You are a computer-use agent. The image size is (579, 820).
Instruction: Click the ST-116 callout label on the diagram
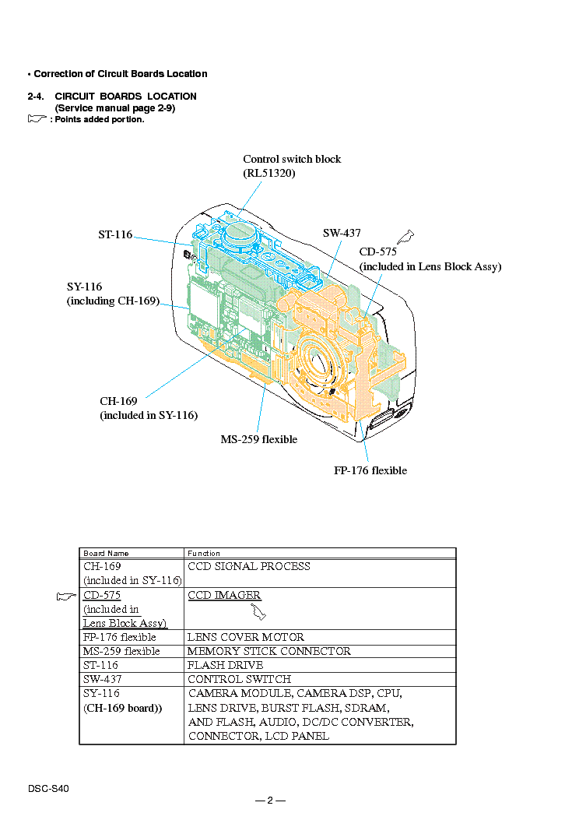point(115,234)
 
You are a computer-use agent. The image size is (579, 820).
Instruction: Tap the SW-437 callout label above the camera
point(342,233)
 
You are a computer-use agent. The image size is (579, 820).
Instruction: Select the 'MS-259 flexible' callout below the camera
point(258,439)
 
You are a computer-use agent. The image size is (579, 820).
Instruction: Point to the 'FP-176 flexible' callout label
point(370,470)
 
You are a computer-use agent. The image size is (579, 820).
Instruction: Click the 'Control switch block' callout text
point(292,159)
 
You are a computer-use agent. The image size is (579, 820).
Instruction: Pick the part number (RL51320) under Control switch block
point(269,173)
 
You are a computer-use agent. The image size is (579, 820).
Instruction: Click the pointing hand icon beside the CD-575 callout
point(405,237)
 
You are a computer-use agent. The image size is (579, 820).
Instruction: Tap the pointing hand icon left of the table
point(66,597)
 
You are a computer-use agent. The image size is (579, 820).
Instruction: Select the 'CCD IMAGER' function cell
point(224,595)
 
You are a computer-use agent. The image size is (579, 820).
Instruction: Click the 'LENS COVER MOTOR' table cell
point(246,637)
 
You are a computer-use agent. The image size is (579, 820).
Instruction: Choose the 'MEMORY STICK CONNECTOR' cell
point(269,651)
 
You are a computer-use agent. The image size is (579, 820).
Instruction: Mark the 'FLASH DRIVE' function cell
point(225,665)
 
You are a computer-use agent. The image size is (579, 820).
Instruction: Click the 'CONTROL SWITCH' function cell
point(240,679)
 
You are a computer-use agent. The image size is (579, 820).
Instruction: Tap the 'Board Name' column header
point(106,554)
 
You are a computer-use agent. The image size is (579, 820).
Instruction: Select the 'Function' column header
point(204,554)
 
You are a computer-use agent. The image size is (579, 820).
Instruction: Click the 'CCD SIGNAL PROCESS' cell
point(249,566)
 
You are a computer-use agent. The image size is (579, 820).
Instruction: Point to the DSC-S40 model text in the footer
point(48,789)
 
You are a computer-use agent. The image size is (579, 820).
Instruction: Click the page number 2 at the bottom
point(270,800)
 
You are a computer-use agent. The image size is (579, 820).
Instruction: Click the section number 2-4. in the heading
point(36,97)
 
